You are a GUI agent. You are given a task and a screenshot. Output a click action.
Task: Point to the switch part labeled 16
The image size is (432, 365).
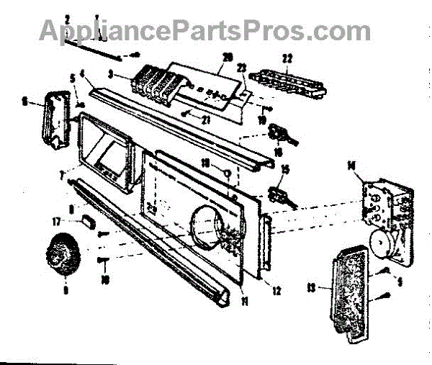(277, 135)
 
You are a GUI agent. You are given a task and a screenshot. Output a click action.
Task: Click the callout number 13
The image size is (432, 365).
(311, 288)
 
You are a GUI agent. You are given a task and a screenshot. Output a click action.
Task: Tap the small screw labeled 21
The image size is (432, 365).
(186, 114)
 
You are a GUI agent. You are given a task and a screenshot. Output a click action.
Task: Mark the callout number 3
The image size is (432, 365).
(110, 74)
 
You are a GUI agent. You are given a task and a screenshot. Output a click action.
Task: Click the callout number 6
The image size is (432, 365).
(24, 103)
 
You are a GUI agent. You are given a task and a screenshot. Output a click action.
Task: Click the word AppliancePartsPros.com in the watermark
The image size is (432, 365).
(204, 30)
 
